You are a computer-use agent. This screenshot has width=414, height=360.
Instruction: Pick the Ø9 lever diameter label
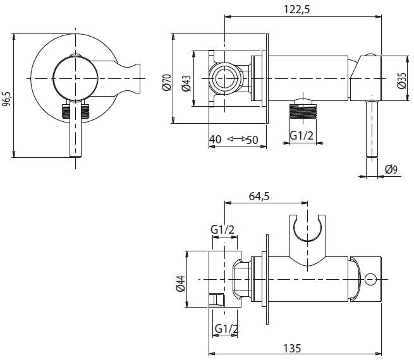[x=391, y=169]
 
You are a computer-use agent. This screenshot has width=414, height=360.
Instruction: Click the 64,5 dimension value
[x=259, y=196]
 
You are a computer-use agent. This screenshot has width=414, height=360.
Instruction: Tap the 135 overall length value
[x=292, y=348]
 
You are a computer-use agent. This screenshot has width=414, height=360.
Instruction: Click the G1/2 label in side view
[x=301, y=135]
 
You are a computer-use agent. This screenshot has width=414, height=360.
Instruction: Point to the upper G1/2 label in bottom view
[x=222, y=231]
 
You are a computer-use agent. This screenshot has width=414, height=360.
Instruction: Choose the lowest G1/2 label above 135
[x=226, y=328]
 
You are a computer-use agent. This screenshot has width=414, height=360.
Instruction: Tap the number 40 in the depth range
[x=215, y=139]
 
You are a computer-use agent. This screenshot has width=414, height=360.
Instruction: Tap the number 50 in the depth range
[x=253, y=139]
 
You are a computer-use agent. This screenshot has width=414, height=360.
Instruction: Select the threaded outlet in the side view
[x=302, y=113]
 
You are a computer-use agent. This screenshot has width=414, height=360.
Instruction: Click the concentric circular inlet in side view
[x=224, y=79]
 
